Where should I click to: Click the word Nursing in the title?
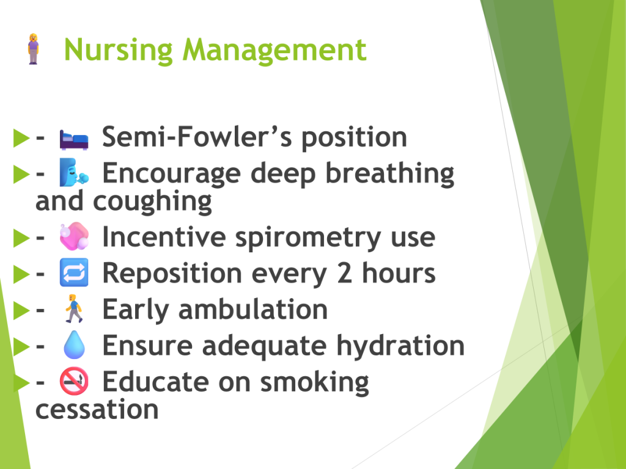(118, 50)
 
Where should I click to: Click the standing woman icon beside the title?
(34, 49)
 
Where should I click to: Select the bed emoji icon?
(74, 140)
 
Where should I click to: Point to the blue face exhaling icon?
(74, 172)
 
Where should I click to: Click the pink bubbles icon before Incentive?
(74, 236)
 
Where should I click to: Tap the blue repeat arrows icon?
(74, 272)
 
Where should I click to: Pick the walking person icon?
(74, 308)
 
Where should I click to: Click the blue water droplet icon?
(74, 344)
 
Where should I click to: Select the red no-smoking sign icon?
(74, 381)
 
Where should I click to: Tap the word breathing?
(390, 174)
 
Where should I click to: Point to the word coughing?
(152, 202)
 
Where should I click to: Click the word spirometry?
(308, 238)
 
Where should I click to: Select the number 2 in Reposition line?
(345, 273)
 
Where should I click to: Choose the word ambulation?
(253, 310)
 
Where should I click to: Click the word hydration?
(400, 346)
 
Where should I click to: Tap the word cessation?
(97, 410)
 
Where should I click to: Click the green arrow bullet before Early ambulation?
(21, 310)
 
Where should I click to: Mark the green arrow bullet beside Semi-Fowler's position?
(21, 137)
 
